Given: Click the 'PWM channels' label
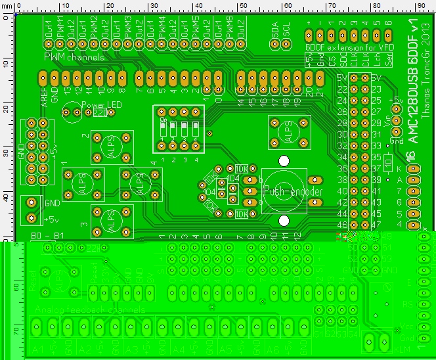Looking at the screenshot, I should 74,58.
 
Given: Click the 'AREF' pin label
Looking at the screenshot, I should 44,95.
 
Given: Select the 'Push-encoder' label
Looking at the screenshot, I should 292,191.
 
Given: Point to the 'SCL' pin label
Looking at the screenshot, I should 286,32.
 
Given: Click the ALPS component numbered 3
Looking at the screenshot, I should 112,223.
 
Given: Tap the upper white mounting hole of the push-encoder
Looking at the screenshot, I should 284,160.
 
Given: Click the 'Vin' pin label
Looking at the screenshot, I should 395,121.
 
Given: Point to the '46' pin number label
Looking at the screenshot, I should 342,224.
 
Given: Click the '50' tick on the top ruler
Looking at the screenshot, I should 242,5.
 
